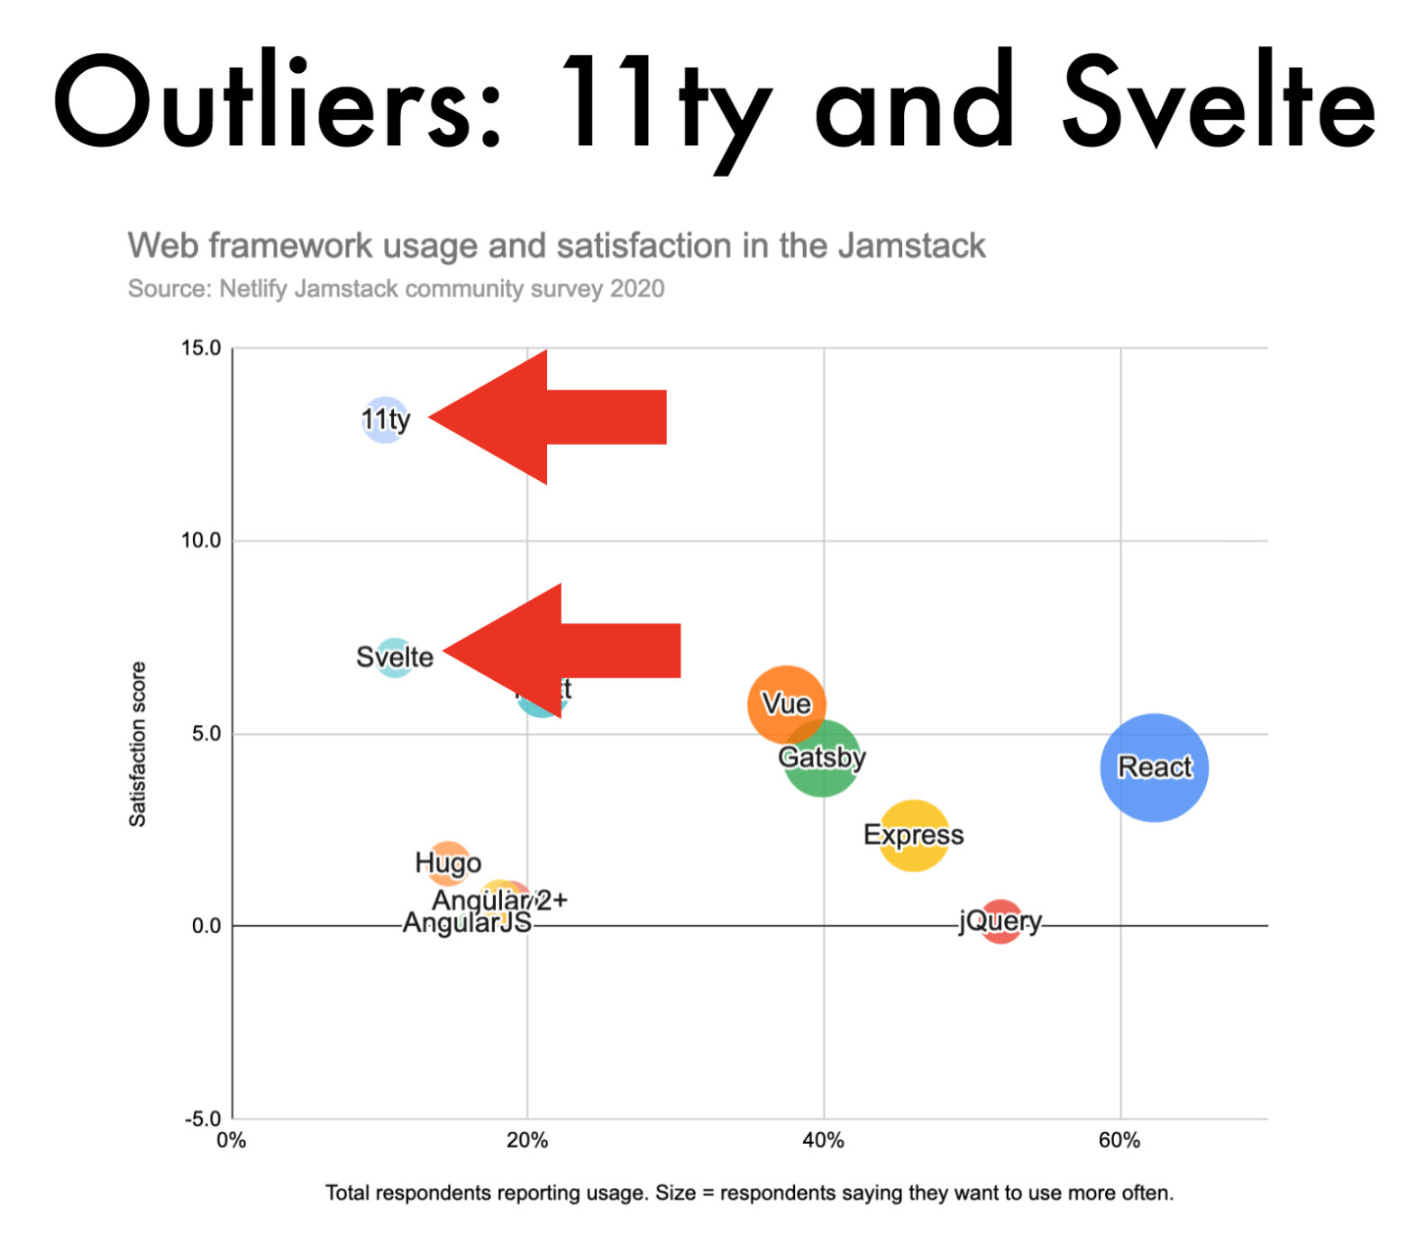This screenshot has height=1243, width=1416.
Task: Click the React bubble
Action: click(x=1154, y=767)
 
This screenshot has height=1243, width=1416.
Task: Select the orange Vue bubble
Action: click(x=786, y=703)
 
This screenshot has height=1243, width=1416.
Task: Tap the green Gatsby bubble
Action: click(x=821, y=758)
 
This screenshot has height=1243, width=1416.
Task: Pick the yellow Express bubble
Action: click(x=913, y=835)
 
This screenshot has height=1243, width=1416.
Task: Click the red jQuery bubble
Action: click(x=1000, y=921)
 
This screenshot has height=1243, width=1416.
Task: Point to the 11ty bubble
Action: click(x=386, y=420)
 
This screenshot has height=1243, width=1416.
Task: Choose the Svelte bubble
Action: click(x=394, y=657)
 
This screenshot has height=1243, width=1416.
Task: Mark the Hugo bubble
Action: click(x=448, y=863)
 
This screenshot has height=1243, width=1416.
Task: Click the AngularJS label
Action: click(x=466, y=923)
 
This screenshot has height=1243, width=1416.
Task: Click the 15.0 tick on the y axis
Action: click(x=201, y=349)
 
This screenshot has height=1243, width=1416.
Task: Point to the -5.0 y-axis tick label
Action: click(x=202, y=1119)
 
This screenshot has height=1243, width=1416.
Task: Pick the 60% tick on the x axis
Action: click(x=1119, y=1140)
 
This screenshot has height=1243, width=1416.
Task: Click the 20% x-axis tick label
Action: click(x=527, y=1140)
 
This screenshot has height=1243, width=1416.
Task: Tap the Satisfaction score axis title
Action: click(x=137, y=744)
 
